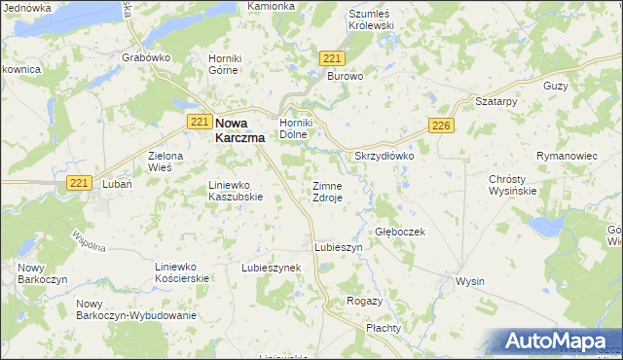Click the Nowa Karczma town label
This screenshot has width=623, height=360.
(238, 129)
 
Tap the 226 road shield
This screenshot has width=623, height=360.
(441, 126)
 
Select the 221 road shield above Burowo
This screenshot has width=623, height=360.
(331, 59)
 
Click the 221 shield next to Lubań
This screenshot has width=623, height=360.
(80, 182)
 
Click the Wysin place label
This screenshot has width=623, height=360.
(470, 281)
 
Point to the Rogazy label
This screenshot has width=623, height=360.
(364, 302)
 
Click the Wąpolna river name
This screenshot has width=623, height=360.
(89, 240)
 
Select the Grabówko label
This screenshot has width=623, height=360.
(146, 57)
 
